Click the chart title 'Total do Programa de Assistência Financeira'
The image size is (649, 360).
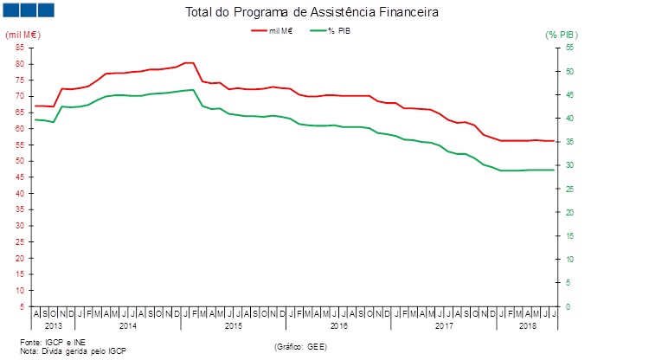click(x=312, y=13)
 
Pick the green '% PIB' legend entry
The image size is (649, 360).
click(x=335, y=30)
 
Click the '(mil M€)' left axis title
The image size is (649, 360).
click(x=23, y=35)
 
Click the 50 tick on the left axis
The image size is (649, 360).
click(x=20, y=161)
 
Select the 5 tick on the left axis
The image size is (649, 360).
click(x=22, y=307)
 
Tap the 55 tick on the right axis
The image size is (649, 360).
click(x=570, y=47)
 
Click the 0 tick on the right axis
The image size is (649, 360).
click(x=568, y=307)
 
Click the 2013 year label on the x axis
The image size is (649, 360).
click(x=53, y=325)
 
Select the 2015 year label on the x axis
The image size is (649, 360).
click(x=233, y=325)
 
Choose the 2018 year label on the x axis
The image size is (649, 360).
click(x=528, y=325)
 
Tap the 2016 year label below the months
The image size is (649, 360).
click(x=338, y=325)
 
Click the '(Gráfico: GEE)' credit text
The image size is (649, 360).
click(x=300, y=346)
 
